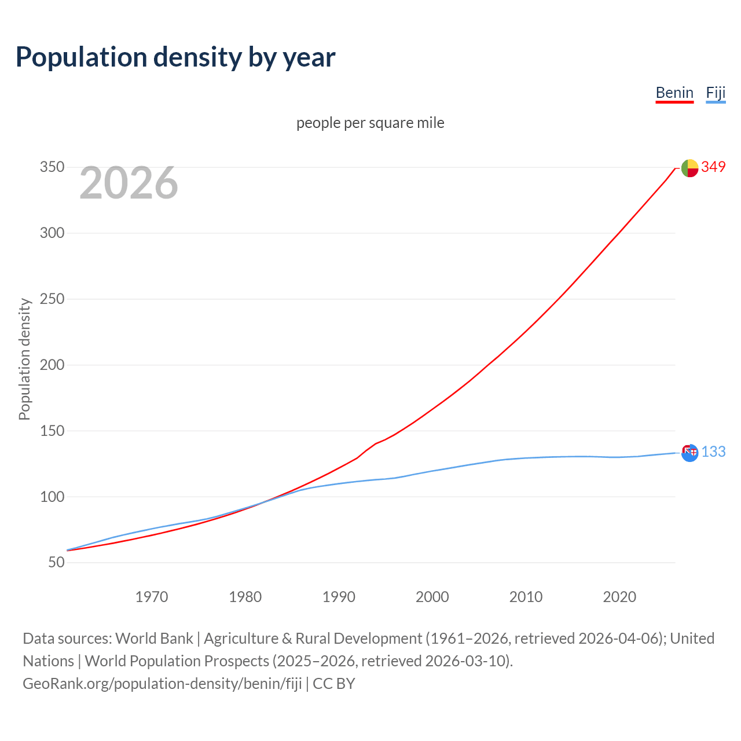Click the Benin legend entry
pyautogui.click(x=674, y=93)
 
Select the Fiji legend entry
pyautogui.click(x=716, y=93)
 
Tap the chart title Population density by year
pyautogui.click(x=175, y=57)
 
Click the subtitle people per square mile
pyautogui.click(x=370, y=123)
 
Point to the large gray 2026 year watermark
pyautogui.click(x=129, y=183)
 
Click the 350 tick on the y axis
pyautogui.click(x=52, y=167)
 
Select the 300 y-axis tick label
pyautogui.click(x=52, y=233)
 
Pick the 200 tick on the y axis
pyautogui.click(x=52, y=365)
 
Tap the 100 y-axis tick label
pyautogui.click(x=52, y=497)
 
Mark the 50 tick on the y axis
pyautogui.click(x=56, y=562)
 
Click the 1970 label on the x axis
pyautogui.click(x=152, y=597)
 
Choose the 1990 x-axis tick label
pyautogui.click(x=339, y=597)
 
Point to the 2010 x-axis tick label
pyautogui.click(x=526, y=597)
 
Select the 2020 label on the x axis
pyautogui.click(x=619, y=597)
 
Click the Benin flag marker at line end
pyautogui.click(x=689, y=168)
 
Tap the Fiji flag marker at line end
pyautogui.click(x=689, y=453)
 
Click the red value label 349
pyautogui.click(x=713, y=167)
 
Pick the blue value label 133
pyautogui.click(x=713, y=452)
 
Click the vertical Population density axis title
pyautogui.click(x=24, y=359)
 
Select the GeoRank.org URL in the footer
pyautogui.click(x=162, y=684)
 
